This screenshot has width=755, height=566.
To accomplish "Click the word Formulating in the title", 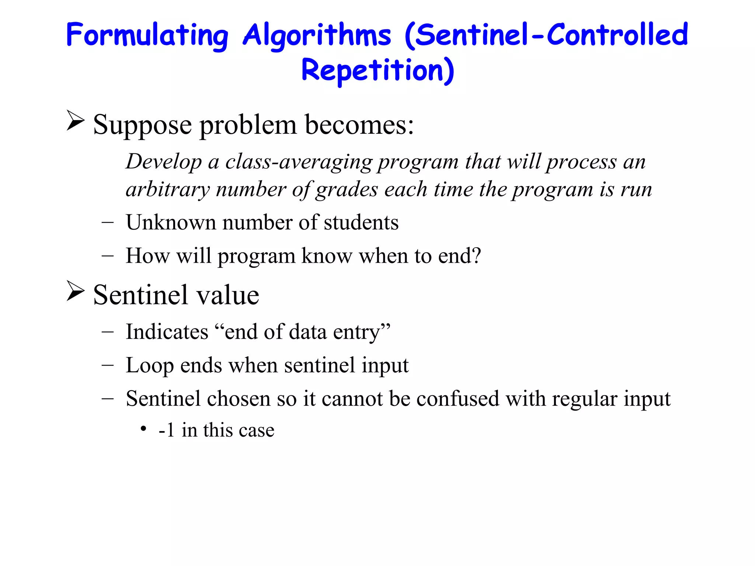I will tap(147, 35).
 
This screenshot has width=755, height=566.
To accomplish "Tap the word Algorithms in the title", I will tap(317, 35).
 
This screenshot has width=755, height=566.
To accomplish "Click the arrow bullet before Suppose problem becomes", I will tap(76, 120).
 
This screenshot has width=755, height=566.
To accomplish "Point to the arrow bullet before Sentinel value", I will tap(76, 291).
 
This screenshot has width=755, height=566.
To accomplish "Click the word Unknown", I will tap(170, 223).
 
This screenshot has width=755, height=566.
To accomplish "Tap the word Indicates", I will tap(167, 332).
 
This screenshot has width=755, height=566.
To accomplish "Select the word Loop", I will tap(150, 366).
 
